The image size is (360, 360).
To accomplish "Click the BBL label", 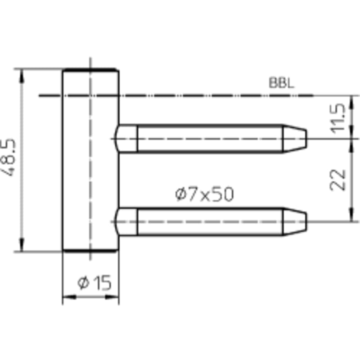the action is pos(281,83).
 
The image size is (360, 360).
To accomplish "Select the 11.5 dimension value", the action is pos(337,118).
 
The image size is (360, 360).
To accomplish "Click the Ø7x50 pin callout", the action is pos(204,194).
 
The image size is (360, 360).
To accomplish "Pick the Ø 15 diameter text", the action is pos(94,283).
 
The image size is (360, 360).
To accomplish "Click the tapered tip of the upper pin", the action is pos(295,139).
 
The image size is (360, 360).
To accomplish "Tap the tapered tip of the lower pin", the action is pos(295,221).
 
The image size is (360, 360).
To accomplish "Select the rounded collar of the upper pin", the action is pos(126,139).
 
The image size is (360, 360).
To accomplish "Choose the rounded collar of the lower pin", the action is pos(126,221).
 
